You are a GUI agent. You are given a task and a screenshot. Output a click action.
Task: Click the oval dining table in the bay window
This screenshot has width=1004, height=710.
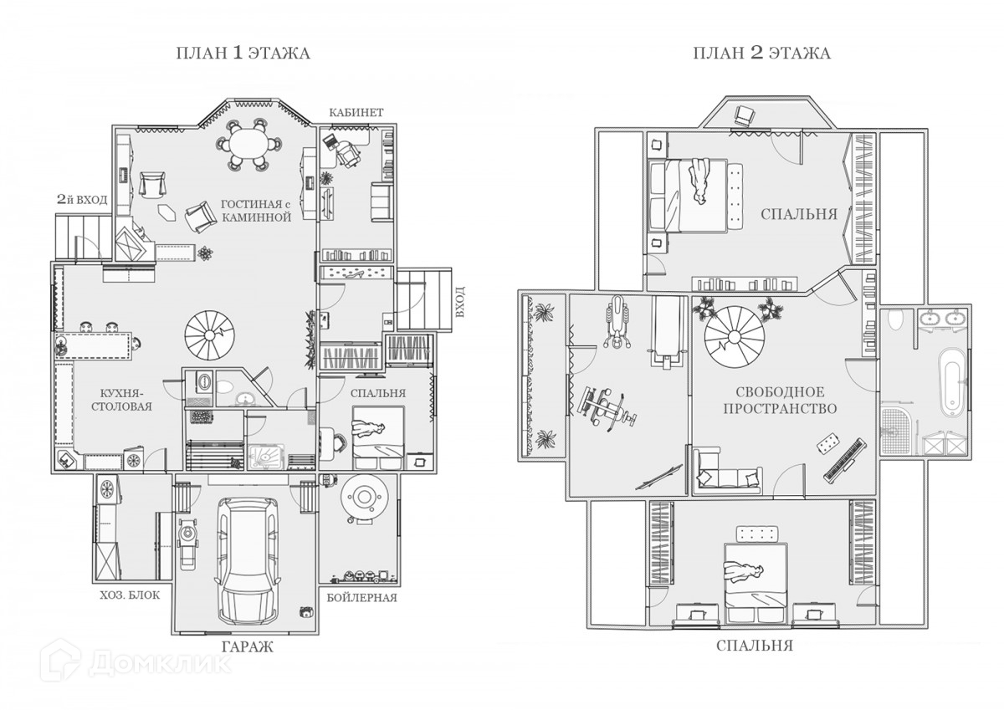[248, 144]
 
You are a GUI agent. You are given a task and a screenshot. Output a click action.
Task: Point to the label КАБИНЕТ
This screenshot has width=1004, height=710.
[356, 112]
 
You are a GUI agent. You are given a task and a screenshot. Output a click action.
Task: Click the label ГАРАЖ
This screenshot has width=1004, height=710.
[247, 646]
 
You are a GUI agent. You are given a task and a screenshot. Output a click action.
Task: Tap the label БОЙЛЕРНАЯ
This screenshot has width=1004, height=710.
[361, 598]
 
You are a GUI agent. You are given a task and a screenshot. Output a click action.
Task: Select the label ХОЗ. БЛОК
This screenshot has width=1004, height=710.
[130, 595]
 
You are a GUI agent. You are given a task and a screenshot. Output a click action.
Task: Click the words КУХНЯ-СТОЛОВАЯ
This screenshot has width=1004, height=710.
[121, 400]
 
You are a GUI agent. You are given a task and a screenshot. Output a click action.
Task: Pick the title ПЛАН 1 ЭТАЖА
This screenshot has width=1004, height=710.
[243, 54]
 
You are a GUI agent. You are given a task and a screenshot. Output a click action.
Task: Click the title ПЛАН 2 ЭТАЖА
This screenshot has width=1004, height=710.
[761, 54]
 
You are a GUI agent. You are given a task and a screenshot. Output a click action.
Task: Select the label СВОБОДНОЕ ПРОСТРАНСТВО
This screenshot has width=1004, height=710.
[781, 400]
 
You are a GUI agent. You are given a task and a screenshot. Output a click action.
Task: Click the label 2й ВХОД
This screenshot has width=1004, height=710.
[82, 199]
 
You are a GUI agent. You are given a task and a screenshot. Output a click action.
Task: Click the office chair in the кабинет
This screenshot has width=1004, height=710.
[347, 152]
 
